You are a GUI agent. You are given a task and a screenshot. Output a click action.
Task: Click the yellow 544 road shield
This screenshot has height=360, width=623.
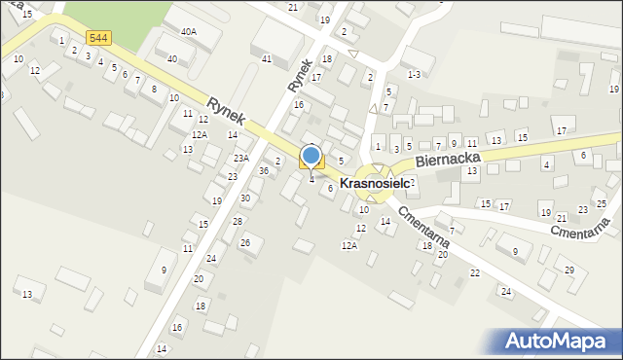coord(97,38)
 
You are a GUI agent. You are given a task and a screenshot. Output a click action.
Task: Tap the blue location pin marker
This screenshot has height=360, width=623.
coord(311,156)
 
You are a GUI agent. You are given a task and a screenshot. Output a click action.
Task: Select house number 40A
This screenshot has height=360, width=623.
coord(188,31)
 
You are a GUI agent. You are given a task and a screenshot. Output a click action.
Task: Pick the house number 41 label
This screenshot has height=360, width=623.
coord(266,59)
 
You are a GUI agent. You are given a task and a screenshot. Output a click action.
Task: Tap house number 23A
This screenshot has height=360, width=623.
coord(241,158)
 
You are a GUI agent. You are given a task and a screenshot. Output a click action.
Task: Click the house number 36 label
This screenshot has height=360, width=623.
coord(263,171)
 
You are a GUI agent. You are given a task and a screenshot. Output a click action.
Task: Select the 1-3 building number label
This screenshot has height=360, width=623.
coord(414,74)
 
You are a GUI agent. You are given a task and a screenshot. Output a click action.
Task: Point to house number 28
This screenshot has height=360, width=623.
coord(238,221)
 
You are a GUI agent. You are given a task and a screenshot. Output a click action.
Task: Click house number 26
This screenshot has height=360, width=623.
coord(245,242)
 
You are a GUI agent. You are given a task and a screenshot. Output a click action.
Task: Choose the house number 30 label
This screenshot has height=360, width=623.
coord(245,198)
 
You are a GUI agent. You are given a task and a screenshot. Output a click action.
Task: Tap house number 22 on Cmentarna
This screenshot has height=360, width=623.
coord(475,272)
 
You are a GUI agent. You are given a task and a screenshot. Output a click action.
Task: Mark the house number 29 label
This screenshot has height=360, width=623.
coord(569,270)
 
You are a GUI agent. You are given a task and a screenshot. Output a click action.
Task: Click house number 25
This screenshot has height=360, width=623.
coord(602,203)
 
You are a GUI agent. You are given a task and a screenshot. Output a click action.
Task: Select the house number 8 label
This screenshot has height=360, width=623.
coord(155,89)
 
